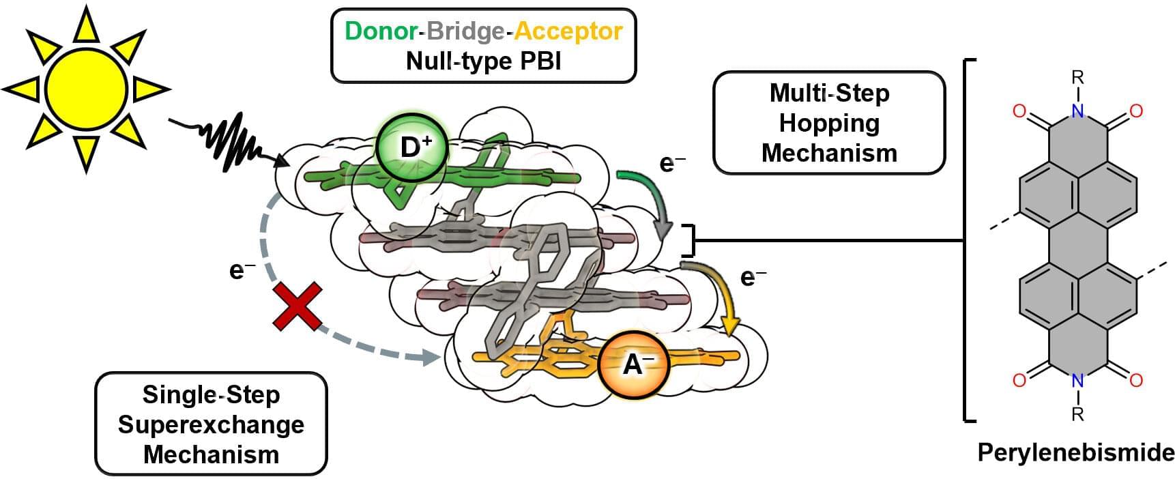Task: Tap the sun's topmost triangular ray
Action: [87, 25]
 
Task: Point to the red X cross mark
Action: [298, 307]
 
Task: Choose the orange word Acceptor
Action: [568, 31]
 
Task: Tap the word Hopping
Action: [829, 123]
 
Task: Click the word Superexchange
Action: [211, 424]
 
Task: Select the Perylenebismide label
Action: [1075, 452]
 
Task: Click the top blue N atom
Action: [1077, 111]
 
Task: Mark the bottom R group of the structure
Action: [1077, 414]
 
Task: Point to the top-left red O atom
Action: [1019, 111]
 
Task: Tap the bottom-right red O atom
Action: [1136, 380]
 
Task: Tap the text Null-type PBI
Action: [483, 61]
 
